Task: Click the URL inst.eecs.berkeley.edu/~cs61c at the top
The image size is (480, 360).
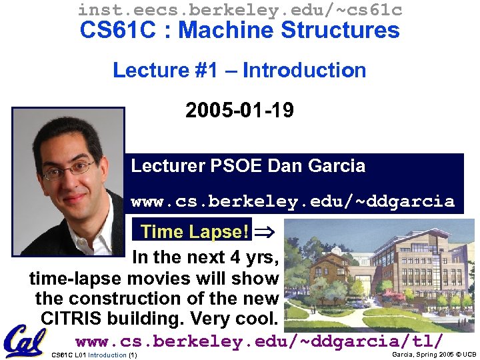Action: [x=239, y=9]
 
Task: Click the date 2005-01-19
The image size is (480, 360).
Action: [x=239, y=110]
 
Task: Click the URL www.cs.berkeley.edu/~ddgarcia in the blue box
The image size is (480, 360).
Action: [x=293, y=201]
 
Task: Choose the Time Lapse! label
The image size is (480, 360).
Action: [x=195, y=232]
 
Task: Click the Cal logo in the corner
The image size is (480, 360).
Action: [x=24, y=341]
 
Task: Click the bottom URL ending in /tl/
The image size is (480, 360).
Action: [x=259, y=341]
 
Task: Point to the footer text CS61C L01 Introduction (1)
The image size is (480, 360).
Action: [x=94, y=355]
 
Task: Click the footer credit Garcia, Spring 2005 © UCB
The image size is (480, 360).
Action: [x=434, y=355]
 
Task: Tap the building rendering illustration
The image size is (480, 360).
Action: [x=379, y=275]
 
